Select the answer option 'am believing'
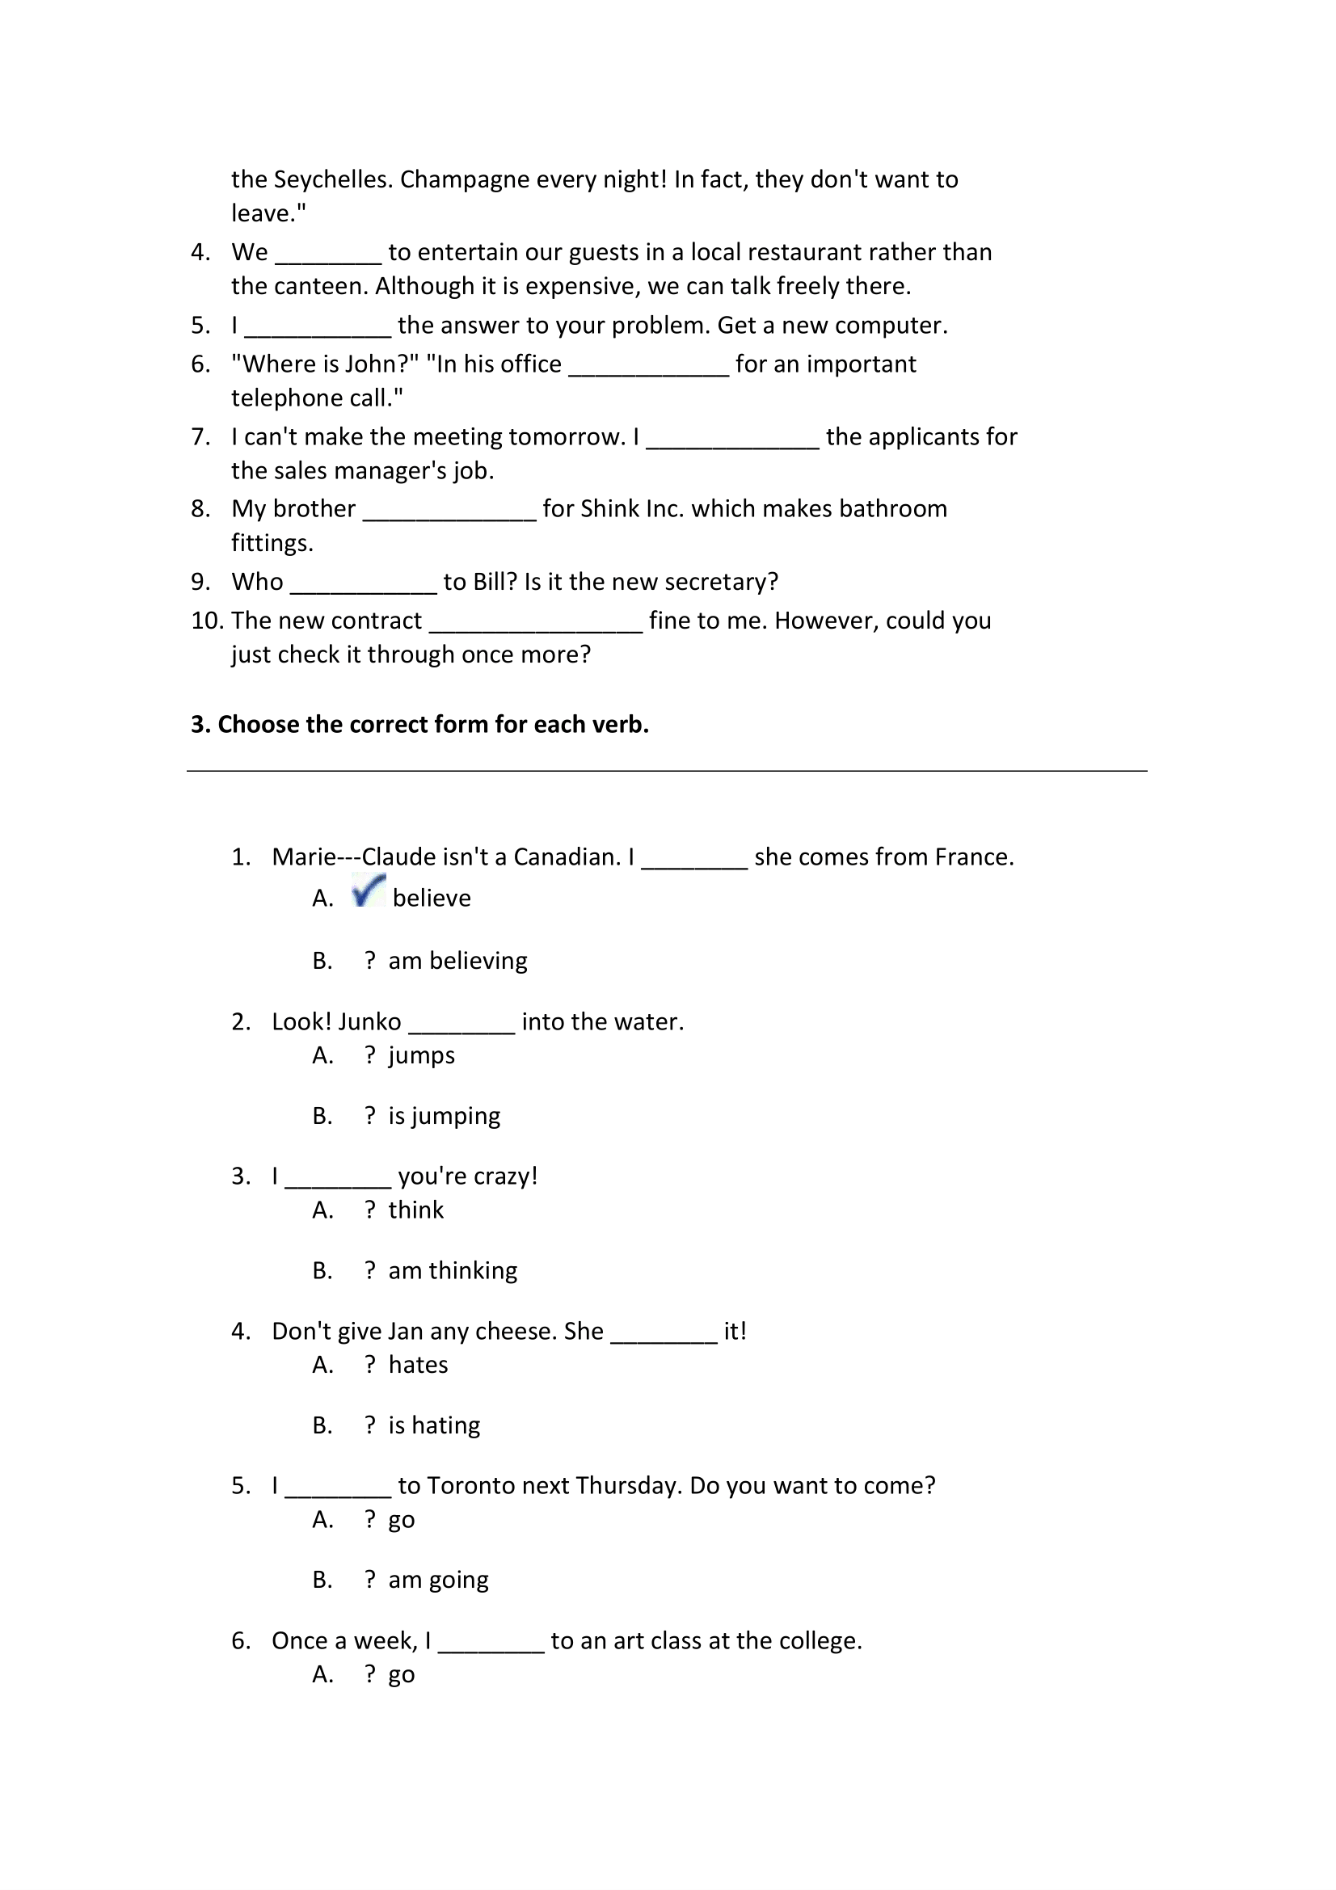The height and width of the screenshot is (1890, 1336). pos(457,961)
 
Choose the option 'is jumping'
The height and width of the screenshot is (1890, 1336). pos(444,1115)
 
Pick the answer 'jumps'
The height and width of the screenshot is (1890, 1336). pos(420,1055)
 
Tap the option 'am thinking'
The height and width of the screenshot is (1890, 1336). pos(452,1270)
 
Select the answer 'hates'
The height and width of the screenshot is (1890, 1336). pos(417,1365)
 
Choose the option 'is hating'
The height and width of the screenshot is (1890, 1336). pos(434,1425)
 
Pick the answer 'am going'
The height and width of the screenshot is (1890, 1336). pos(438,1580)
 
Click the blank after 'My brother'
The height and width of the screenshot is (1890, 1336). pos(449,511)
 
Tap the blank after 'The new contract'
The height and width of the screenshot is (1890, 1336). pos(535,622)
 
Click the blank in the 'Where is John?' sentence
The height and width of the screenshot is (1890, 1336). pos(649,365)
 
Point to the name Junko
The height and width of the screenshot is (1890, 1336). pos(369,1022)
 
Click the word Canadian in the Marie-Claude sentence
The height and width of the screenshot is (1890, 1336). pos(566,858)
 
